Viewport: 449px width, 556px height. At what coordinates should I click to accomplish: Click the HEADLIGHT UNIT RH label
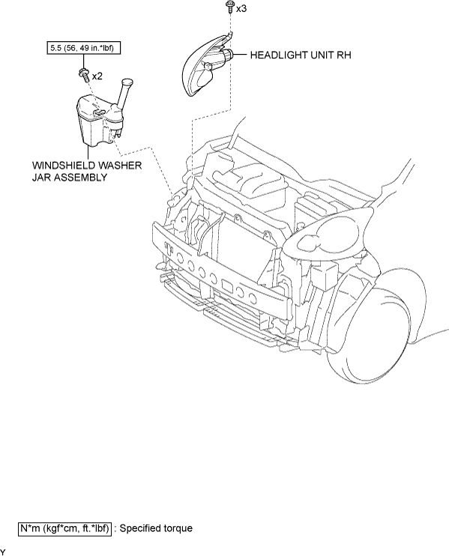301,55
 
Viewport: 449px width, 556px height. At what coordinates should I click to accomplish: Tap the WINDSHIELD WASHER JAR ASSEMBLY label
87,172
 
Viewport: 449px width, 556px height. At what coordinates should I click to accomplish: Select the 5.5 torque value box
84,47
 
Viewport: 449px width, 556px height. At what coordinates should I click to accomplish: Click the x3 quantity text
241,8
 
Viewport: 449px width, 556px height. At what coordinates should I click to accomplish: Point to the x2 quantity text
97,76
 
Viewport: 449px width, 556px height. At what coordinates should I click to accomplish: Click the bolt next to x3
230,7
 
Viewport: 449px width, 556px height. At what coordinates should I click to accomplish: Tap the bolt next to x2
84,75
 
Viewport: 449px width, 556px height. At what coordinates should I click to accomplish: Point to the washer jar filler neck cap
127,82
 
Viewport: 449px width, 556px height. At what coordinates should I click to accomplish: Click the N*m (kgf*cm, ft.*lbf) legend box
64,528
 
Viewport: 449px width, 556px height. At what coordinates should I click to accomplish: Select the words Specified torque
156,528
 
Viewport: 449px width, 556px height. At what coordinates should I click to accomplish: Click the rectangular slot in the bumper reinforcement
226,285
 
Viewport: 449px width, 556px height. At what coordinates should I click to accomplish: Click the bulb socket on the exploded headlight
227,55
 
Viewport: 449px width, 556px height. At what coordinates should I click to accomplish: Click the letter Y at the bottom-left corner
2,552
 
